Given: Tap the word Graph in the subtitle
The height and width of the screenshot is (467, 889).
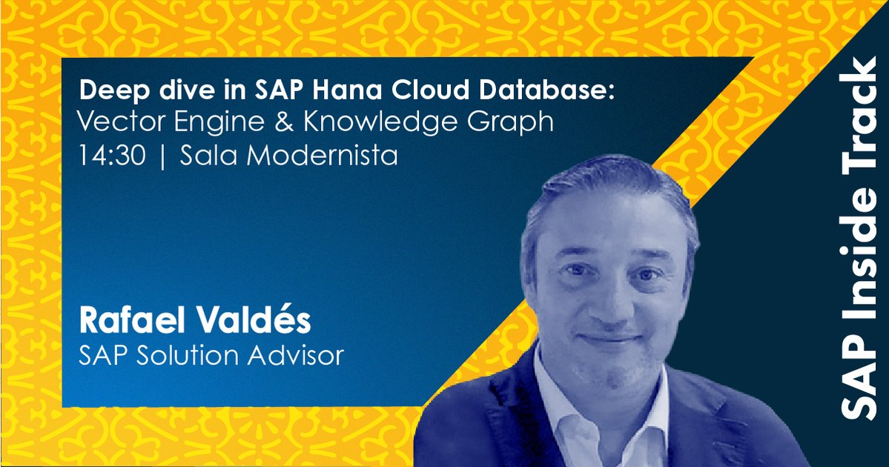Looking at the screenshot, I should [514, 123].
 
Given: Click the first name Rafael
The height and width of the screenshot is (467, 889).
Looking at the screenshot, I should [127, 322].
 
